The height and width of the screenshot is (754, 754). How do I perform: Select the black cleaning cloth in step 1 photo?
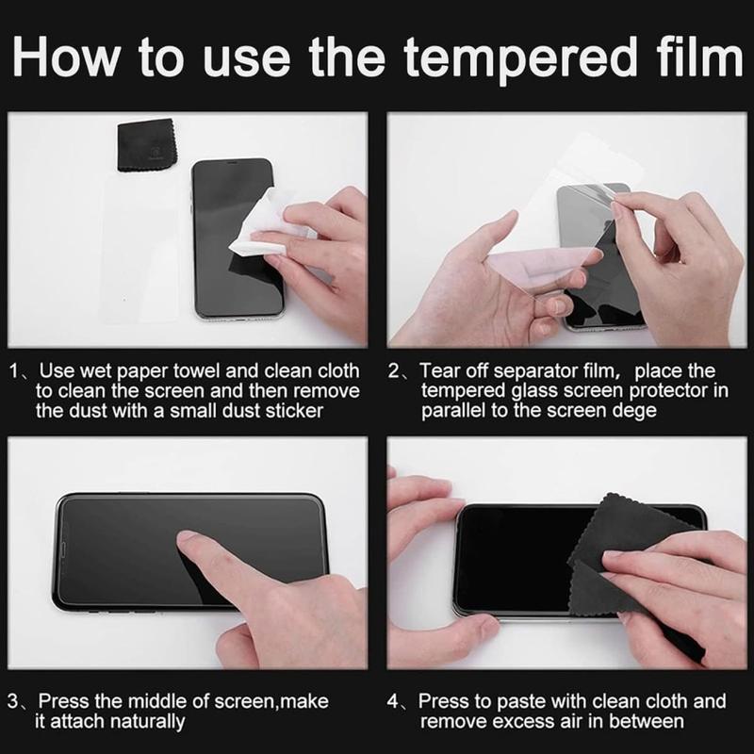(x=147, y=146)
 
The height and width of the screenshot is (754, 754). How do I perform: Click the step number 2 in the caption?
(x=394, y=371)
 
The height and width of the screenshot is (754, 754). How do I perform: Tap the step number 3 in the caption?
(x=13, y=701)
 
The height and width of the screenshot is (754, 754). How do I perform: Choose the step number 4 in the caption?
(x=393, y=701)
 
